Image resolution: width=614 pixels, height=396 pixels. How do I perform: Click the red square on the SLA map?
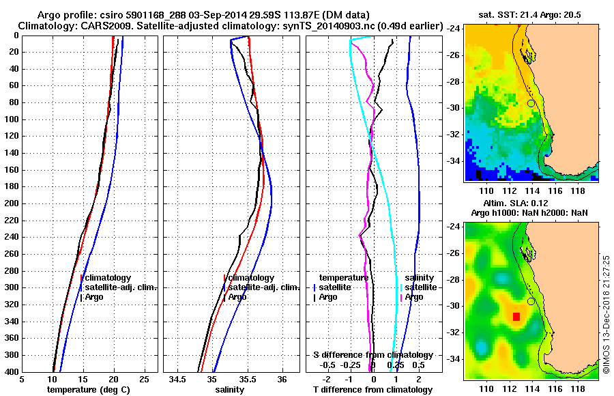(516, 316)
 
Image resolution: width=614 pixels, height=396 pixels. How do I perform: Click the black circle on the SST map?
(531, 103)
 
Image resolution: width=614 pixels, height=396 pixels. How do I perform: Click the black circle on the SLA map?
(531, 302)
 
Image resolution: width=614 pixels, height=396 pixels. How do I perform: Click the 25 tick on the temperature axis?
(144, 379)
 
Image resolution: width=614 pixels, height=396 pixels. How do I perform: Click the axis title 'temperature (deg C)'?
(88, 390)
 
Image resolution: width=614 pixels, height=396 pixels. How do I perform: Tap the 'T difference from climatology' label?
(373, 390)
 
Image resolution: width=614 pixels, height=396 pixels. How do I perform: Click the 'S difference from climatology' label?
(373, 355)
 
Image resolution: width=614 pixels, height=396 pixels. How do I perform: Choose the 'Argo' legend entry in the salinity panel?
(237, 297)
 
